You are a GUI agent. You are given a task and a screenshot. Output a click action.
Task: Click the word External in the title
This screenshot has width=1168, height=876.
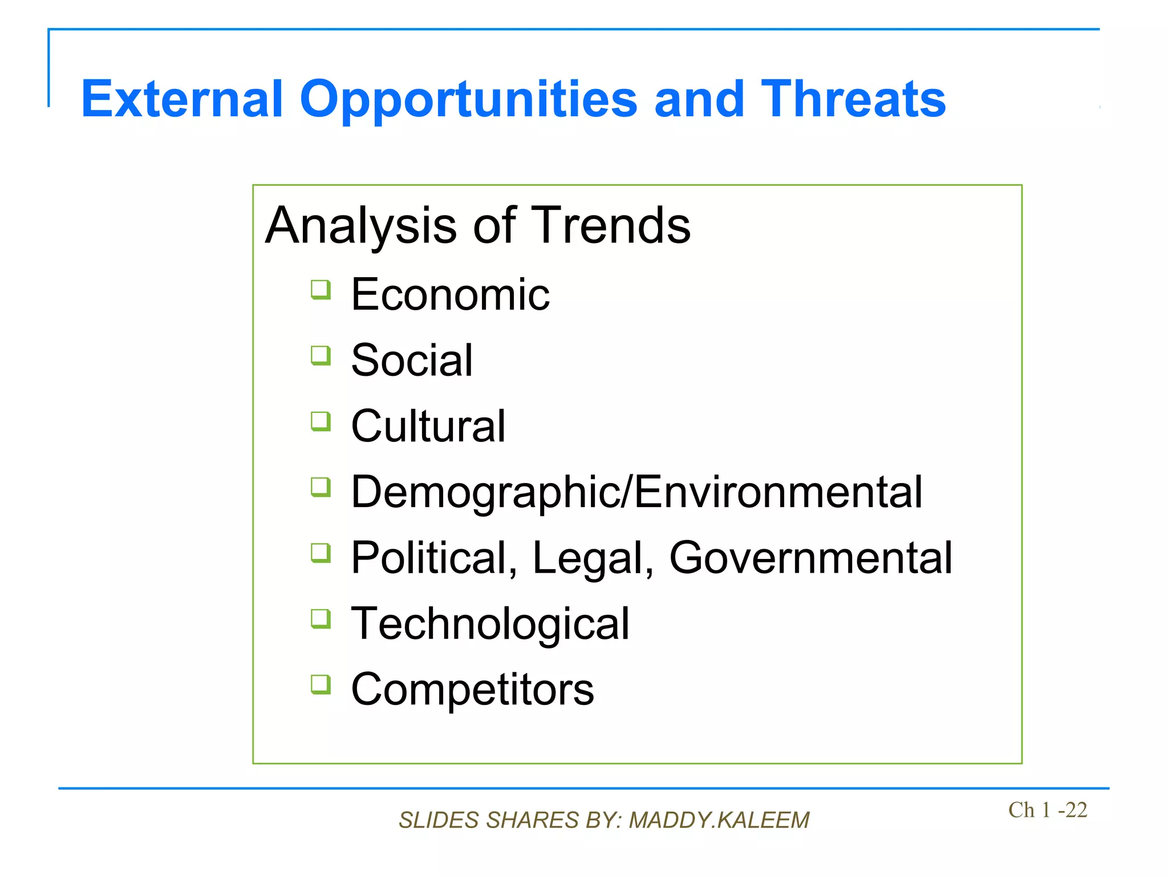182,99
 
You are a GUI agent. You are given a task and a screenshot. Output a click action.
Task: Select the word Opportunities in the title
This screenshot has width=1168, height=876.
468,100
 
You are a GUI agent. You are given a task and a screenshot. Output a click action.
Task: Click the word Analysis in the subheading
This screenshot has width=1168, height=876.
361,226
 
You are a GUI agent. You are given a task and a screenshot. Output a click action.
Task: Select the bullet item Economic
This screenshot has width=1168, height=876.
450,294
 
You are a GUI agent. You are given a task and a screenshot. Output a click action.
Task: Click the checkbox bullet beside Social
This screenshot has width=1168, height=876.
321,356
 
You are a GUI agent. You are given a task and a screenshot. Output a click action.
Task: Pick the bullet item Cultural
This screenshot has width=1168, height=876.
428,426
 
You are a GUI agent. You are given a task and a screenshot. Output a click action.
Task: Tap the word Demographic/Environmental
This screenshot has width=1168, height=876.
636,492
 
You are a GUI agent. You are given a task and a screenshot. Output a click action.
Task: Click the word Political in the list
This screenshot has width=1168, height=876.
434,558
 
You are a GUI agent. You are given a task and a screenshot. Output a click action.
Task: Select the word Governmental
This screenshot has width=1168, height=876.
810,558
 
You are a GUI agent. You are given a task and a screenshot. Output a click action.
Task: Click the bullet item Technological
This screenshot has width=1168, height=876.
490,623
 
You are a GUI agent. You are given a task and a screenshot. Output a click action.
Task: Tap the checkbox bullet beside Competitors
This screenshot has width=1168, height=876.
321,684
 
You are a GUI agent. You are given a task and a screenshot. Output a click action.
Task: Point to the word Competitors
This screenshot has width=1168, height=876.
472,689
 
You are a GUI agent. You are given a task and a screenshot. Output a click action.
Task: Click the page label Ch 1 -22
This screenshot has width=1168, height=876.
1047,810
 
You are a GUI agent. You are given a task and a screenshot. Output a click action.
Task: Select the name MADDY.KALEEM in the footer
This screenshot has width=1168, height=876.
719,820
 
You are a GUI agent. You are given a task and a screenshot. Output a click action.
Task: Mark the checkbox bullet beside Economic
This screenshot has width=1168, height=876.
321,290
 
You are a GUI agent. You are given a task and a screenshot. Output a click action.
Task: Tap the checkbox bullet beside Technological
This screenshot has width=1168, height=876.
321,619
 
